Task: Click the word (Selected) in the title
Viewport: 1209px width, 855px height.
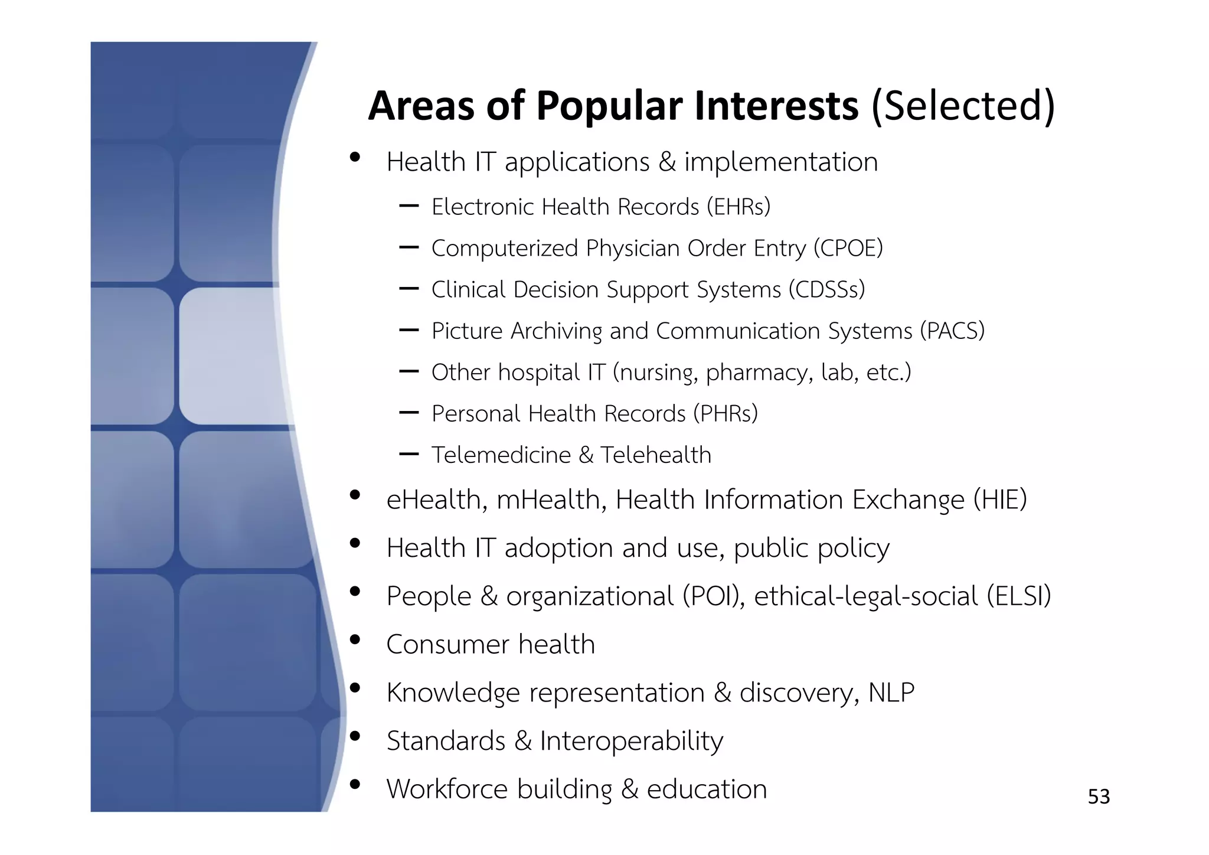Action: (x=963, y=107)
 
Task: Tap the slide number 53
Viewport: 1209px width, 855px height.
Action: (x=1099, y=797)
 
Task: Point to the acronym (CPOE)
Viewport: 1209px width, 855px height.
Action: (x=848, y=249)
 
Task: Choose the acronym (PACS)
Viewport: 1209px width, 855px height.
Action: (x=952, y=331)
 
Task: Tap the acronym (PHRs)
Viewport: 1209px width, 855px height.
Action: (x=726, y=414)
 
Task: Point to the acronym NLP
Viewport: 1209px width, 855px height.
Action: (x=891, y=693)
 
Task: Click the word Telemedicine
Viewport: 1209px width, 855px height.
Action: (x=501, y=455)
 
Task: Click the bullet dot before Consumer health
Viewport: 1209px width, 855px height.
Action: (x=355, y=640)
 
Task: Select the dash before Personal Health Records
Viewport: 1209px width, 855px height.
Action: (x=409, y=413)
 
